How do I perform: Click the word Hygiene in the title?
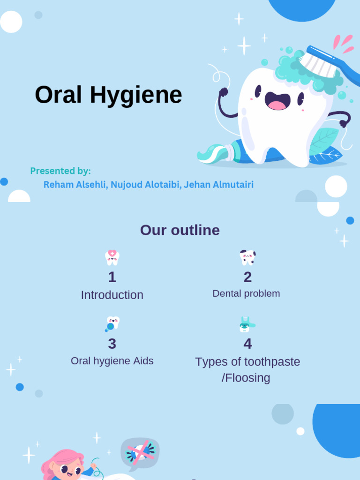coord(136,95)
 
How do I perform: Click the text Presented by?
coord(60,171)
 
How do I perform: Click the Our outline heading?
coord(180,230)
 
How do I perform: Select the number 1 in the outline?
coord(112,277)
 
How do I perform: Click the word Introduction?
coord(112,295)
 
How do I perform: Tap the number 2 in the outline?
coord(247,277)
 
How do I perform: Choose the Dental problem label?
coord(246,293)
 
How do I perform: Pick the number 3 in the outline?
coord(112,344)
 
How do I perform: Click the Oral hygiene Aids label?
coord(112,361)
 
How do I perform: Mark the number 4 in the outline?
coord(247,344)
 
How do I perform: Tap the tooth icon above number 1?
coord(112,257)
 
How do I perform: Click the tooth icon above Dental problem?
coord(247,257)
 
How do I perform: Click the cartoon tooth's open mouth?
coord(277,101)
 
